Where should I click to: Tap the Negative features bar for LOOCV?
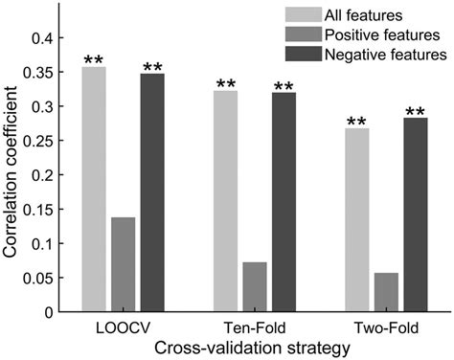152,192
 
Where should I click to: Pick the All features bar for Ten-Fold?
225,201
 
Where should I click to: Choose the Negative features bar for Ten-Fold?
284,202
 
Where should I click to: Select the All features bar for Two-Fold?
356,220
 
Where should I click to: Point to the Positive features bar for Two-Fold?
386,293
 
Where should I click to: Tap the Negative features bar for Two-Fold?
415,215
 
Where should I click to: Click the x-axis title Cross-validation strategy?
254,349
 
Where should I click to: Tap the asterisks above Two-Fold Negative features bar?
415,112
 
